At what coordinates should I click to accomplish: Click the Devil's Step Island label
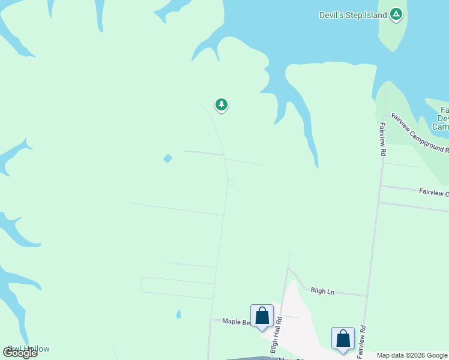point(352,15)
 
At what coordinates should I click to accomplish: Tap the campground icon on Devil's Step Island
point(396,14)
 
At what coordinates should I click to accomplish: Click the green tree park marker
point(221,105)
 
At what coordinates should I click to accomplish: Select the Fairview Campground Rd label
point(418,132)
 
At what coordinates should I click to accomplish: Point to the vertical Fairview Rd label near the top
point(382,139)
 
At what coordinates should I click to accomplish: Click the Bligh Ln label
point(322,290)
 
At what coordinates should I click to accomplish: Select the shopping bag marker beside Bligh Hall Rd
point(262,316)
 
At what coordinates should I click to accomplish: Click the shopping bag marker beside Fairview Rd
point(343,338)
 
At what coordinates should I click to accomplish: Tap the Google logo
point(20,353)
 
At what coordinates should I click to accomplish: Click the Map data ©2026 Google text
point(412,355)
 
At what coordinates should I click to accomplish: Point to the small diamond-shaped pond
point(168,158)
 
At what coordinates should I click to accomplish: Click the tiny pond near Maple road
point(178,314)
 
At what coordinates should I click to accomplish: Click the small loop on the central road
point(231,183)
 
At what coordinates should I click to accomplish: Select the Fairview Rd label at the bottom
point(361,343)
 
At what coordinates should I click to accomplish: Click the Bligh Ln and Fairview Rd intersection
point(366,296)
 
